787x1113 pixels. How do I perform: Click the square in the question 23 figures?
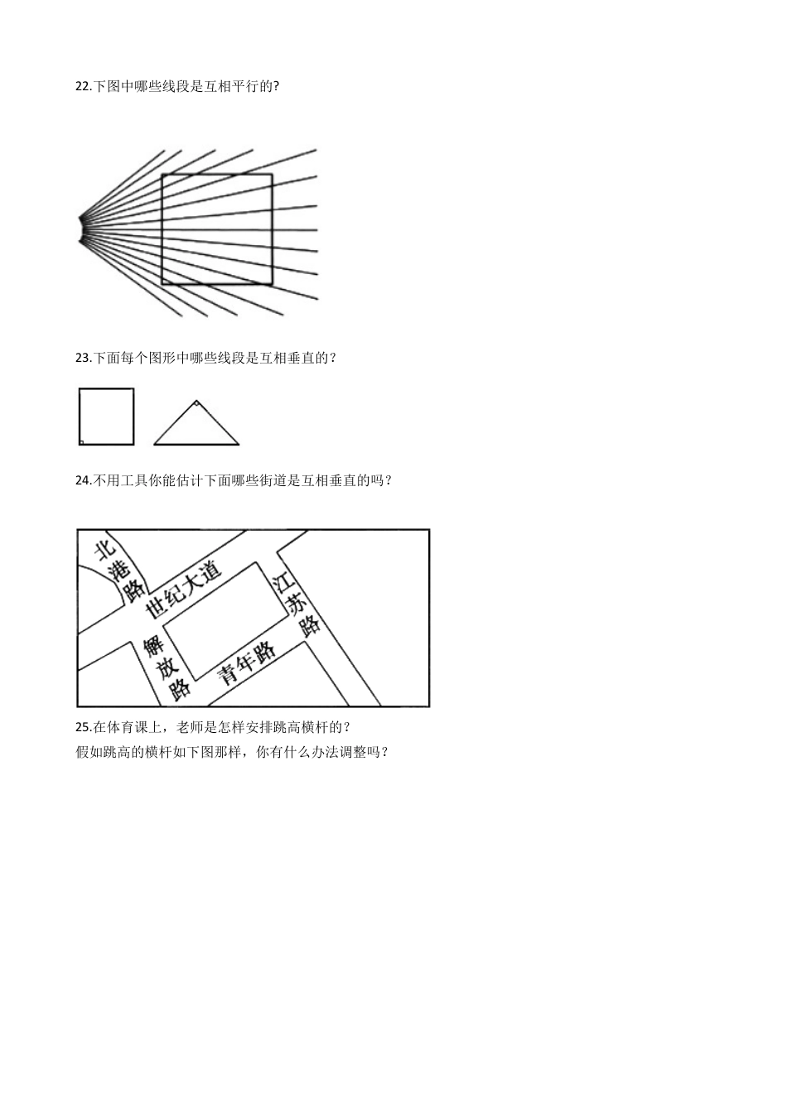click(106, 417)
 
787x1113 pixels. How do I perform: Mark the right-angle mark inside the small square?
click(81, 442)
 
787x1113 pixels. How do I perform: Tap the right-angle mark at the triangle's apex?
click(196, 404)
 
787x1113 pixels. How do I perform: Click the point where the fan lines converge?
click(82, 229)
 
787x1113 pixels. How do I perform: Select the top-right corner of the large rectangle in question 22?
click(272, 175)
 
